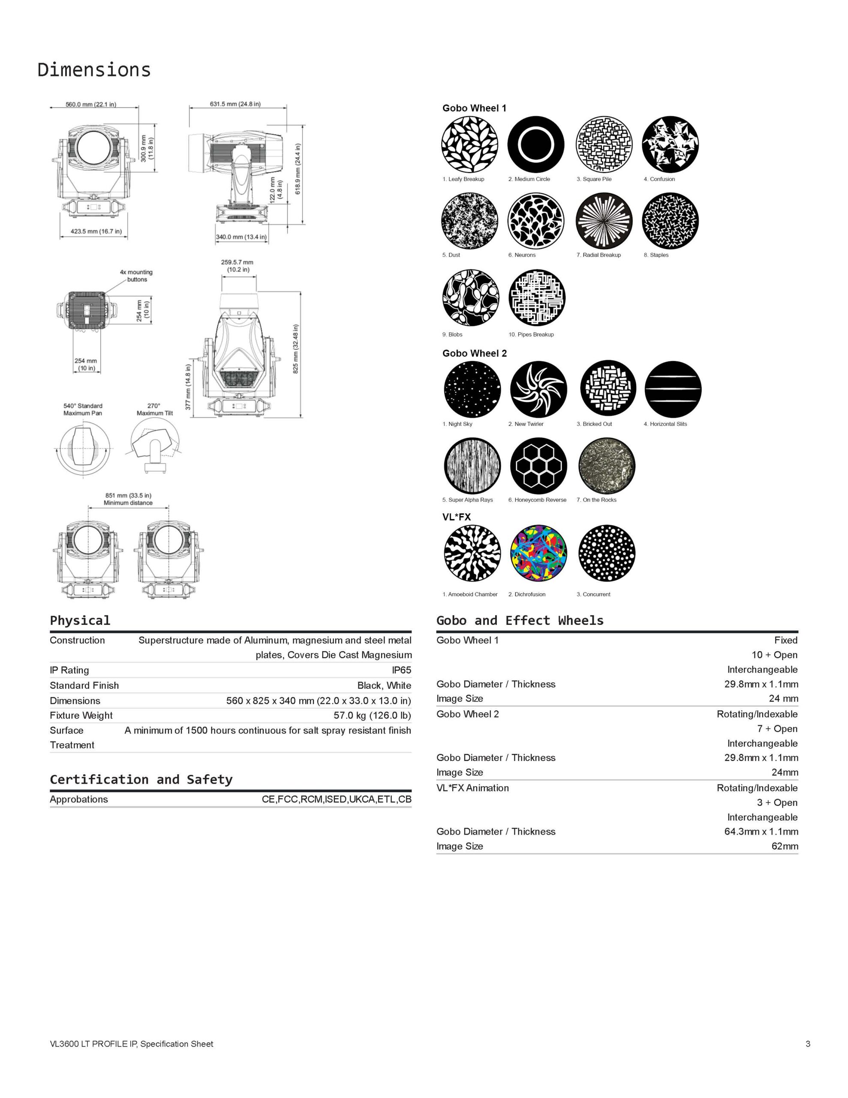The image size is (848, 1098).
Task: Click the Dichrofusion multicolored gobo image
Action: pyautogui.click(x=538, y=552)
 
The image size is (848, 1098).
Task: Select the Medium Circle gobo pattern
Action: pyautogui.click(x=536, y=144)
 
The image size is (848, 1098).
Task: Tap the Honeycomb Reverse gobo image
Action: pyautogui.click(x=538, y=465)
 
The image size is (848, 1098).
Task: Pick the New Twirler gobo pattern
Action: pyautogui.click(x=538, y=389)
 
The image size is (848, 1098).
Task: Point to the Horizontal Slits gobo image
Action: pyautogui.click(x=673, y=389)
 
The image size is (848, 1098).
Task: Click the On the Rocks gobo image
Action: pyautogui.click(x=607, y=465)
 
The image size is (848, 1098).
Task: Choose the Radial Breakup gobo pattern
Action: pyautogui.click(x=604, y=221)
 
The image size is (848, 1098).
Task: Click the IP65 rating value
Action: pyautogui.click(x=401, y=670)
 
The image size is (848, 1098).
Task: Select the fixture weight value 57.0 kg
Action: pyautogui.click(x=372, y=715)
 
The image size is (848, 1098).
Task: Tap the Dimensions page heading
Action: pyautogui.click(x=94, y=69)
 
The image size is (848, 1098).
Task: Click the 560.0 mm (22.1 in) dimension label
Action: pyautogui.click(x=90, y=105)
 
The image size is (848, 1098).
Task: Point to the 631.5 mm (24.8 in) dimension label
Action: pyautogui.click(x=235, y=104)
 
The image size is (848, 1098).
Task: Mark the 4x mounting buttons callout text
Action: pyautogui.click(x=136, y=275)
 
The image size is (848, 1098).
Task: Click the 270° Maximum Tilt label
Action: pyautogui.click(x=154, y=409)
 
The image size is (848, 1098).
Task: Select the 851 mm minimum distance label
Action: pyautogui.click(x=128, y=499)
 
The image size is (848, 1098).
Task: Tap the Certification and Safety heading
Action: pyautogui.click(x=141, y=780)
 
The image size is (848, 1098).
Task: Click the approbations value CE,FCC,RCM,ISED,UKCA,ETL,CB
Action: pyautogui.click(x=336, y=799)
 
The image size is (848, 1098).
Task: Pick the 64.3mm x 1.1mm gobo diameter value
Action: pyautogui.click(x=761, y=832)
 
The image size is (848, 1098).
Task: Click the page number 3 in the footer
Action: pyautogui.click(x=808, y=1044)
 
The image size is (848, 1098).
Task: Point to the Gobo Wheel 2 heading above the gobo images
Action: pyautogui.click(x=474, y=353)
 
